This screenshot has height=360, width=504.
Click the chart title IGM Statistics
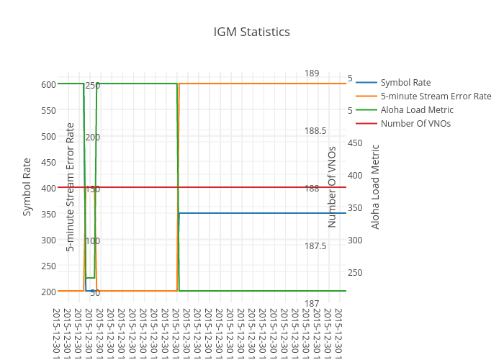[x=252, y=32]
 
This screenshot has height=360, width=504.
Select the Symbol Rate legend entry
[x=405, y=82]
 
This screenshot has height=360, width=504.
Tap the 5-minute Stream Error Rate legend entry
[x=436, y=96]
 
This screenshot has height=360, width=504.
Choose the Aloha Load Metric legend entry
[x=417, y=109]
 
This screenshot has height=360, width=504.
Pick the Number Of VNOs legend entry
[x=415, y=123]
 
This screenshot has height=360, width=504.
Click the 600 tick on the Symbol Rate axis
[x=48, y=84]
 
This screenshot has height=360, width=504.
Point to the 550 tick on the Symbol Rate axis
[x=48, y=110]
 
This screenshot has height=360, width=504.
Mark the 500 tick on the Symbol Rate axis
[x=48, y=136]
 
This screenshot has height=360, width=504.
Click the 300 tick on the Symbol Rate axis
[x=48, y=240]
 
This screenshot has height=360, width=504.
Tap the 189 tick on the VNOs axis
[x=312, y=73]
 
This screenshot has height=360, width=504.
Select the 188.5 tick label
[x=315, y=131]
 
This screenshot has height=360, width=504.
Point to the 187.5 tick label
[x=315, y=246]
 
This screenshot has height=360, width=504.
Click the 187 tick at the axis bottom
[x=312, y=304]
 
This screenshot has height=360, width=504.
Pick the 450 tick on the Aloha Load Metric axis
[x=355, y=143]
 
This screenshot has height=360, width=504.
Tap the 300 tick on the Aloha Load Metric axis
[x=355, y=240]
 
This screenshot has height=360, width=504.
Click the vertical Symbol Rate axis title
[x=27, y=186]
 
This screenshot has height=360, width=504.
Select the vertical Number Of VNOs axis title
[x=332, y=186]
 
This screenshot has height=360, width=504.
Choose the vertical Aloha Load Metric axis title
[x=375, y=186]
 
